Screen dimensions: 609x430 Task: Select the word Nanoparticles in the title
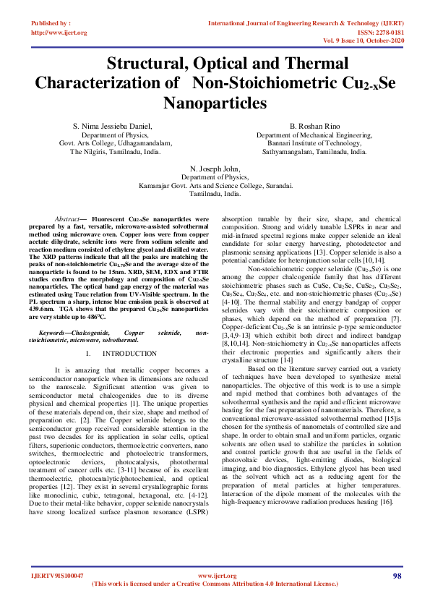[x=215, y=102]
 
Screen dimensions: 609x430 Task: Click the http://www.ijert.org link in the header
[x=59, y=33]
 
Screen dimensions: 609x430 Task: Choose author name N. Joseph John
[x=215, y=167]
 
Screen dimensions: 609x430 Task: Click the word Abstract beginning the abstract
[x=69, y=218]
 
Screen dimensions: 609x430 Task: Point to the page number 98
[x=397, y=575]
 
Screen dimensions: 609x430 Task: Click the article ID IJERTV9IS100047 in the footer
[x=57, y=576]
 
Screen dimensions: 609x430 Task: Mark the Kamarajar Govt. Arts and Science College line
[x=215, y=185]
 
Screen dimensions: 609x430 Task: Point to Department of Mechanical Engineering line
[x=314, y=135]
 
